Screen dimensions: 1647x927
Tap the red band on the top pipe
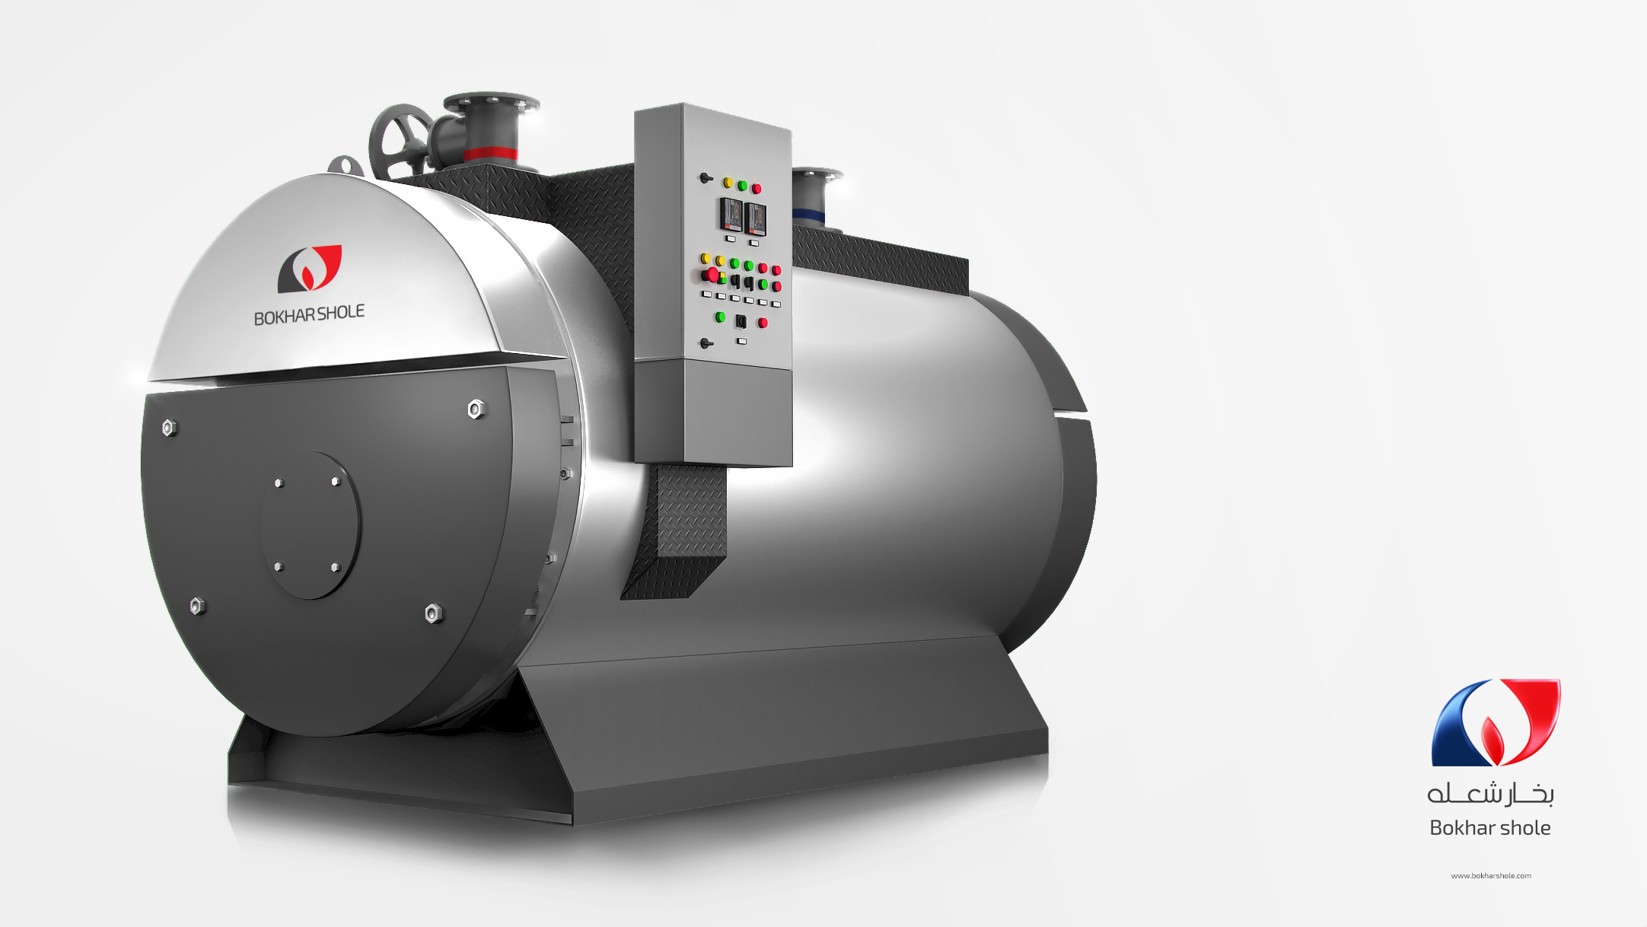point(491,153)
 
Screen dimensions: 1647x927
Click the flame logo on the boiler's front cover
point(309,269)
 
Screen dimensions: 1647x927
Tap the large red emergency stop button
point(712,275)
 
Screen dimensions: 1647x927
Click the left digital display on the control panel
point(731,215)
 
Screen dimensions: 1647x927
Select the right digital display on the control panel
point(755,219)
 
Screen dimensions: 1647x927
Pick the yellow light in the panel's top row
point(728,183)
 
